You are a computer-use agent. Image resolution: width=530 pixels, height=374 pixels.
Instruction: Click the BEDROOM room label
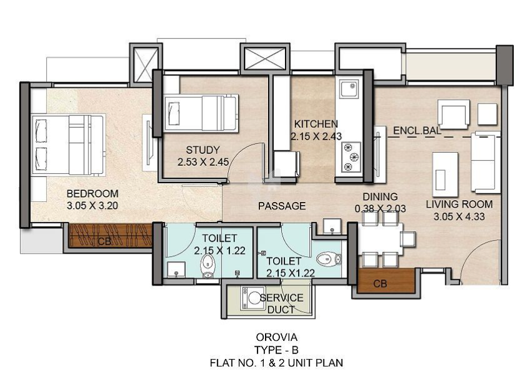pyautogui.click(x=92, y=194)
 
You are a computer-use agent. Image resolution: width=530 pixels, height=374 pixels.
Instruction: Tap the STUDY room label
pyautogui.click(x=203, y=150)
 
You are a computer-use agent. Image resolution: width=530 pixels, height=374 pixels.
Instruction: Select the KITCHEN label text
pyautogui.click(x=316, y=123)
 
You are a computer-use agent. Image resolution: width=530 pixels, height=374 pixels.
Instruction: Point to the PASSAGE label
pyautogui.click(x=282, y=206)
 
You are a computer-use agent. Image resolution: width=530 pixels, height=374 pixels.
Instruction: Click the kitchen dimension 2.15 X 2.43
pyautogui.click(x=316, y=136)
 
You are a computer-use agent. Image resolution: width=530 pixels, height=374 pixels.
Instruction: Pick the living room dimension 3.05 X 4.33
pyautogui.click(x=459, y=216)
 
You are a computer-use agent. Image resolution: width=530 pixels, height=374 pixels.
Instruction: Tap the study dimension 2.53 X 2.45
pyautogui.click(x=203, y=162)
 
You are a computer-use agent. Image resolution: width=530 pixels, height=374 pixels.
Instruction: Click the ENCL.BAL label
pyautogui.click(x=417, y=131)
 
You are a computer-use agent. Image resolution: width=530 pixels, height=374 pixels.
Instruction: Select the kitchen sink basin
pyautogui.click(x=349, y=89)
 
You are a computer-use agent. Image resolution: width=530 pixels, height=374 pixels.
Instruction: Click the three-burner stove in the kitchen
pyautogui.click(x=351, y=157)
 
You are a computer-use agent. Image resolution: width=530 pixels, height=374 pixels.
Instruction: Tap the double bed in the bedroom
pyautogui.click(x=68, y=145)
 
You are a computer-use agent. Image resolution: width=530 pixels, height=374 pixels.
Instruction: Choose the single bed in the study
pyautogui.click(x=201, y=113)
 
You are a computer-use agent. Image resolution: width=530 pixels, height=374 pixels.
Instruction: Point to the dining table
pyautogui.click(x=381, y=239)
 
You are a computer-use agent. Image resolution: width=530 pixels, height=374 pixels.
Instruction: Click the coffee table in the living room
pyautogui.click(x=445, y=175)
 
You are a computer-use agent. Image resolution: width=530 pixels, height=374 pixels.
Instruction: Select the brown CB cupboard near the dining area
pyautogui.click(x=387, y=280)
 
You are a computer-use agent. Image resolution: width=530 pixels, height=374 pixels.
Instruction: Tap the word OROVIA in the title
pyautogui.click(x=276, y=337)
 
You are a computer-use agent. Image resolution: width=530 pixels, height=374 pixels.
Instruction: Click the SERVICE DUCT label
pyautogui.click(x=282, y=304)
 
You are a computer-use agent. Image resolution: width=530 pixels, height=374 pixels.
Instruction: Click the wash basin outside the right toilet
pyautogui.click(x=332, y=226)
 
